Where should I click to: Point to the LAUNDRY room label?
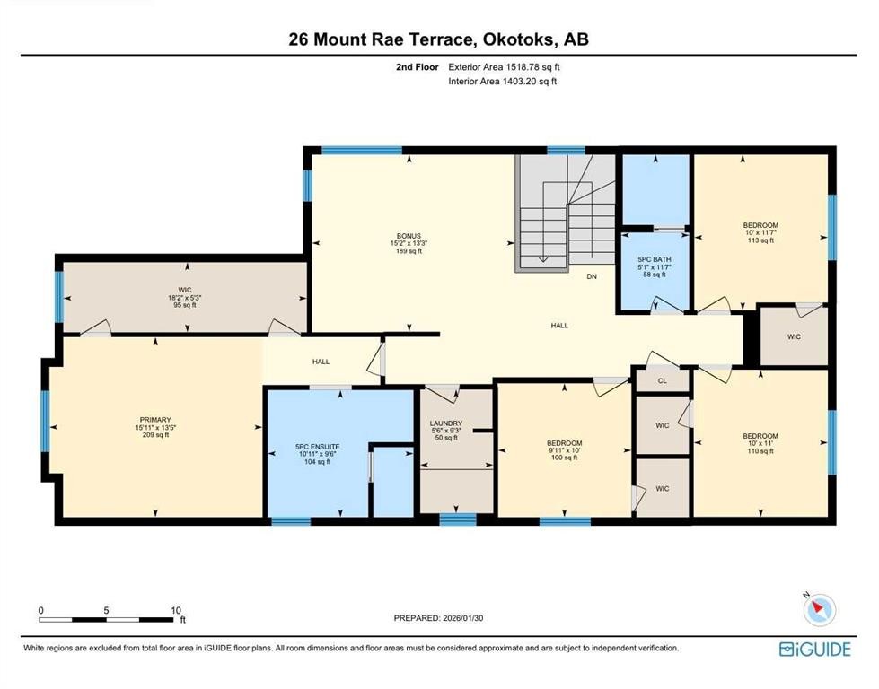point(446,423)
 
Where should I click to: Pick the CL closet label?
point(662,380)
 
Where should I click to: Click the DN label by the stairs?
point(592,277)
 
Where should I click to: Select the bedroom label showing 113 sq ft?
point(760,225)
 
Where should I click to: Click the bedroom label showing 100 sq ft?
point(565,443)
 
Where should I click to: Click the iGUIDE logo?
point(814,649)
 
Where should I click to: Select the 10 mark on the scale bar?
point(175,610)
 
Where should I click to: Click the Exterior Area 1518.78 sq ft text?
point(508,66)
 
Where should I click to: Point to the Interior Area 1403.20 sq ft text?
point(503,82)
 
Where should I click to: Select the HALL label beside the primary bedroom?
point(321,362)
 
